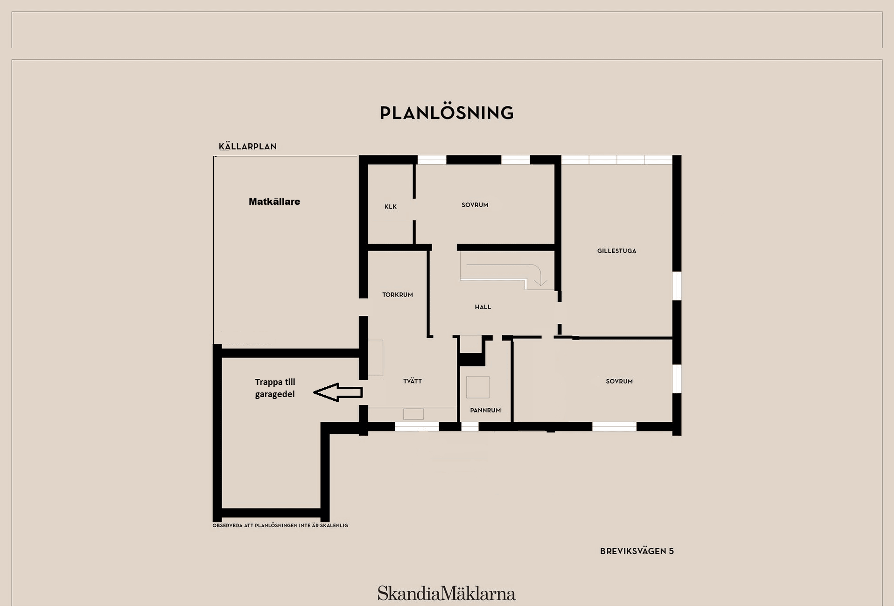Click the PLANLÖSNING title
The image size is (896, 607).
(x=447, y=113)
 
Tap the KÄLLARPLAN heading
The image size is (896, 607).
(x=247, y=147)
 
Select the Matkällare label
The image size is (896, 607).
(x=274, y=202)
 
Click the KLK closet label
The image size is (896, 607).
(x=391, y=207)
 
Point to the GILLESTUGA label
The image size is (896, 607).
(x=616, y=251)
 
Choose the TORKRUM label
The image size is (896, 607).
(x=398, y=295)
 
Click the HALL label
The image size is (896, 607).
(x=483, y=307)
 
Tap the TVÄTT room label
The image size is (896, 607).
(x=413, y=381)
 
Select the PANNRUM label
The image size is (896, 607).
(x=485, y=411)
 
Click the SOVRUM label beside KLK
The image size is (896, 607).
(x=475, y=205)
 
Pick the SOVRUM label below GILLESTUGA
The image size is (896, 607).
(x=619, y=382)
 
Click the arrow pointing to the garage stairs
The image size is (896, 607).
(x=338, y=392)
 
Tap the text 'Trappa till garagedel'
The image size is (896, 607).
(x=275, y=388)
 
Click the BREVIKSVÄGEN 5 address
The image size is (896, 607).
(x=637, y=551)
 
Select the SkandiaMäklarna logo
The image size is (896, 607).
(x=447, y=594)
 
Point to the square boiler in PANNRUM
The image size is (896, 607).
(x=478, y=387)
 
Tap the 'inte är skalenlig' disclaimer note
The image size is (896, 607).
(x=280, y=526)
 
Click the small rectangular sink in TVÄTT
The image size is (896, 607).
(x=413, y=414)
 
